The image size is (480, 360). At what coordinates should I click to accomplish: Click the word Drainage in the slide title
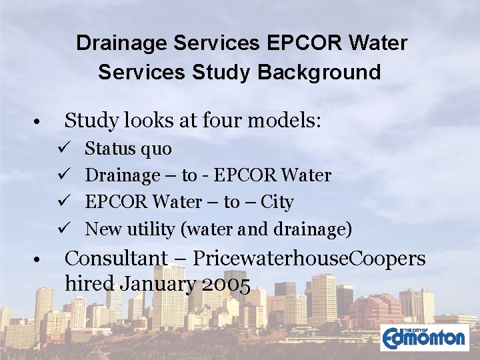point(121,44)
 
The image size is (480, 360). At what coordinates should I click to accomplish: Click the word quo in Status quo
point(157,149)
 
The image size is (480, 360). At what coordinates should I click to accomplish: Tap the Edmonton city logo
point(424,337)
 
